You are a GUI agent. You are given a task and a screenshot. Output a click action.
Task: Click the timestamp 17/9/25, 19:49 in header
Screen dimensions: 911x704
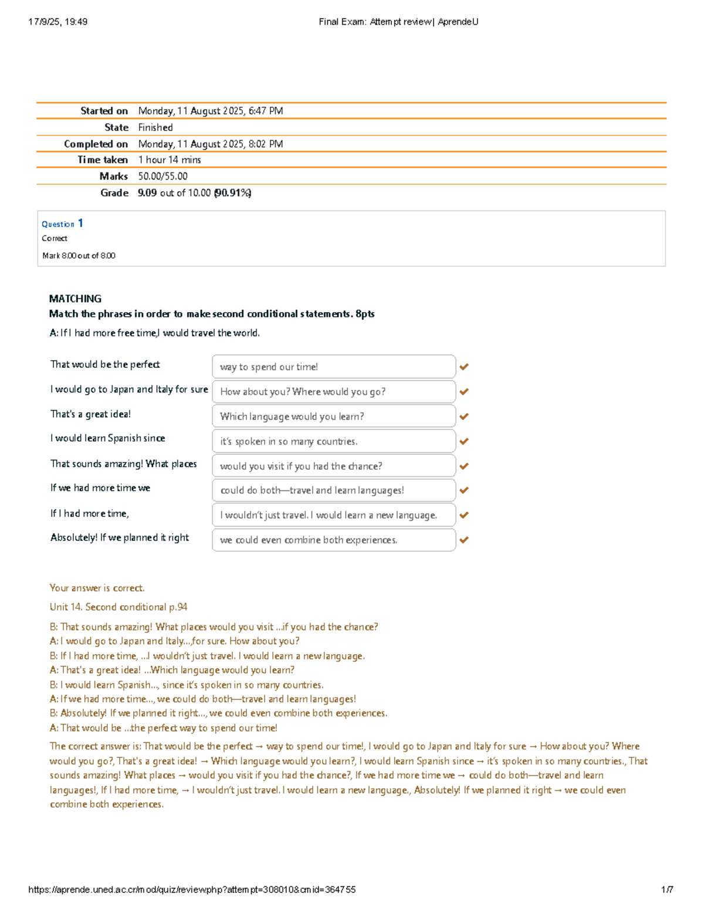tap(57, 22)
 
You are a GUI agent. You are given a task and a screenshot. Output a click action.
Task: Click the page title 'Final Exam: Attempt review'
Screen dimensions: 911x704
tap(374, 22)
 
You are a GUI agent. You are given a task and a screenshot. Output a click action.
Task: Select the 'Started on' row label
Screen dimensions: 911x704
tap(104, 111)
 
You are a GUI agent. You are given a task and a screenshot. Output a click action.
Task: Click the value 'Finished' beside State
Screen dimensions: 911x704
tap(155, 127)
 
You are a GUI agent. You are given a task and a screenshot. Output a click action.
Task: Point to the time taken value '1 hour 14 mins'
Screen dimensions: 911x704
tap(170, 160)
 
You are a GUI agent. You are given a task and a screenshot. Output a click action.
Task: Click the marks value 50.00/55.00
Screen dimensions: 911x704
tap(163, 176)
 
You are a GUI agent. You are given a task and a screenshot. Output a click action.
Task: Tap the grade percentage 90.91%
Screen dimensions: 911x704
tap(232, 192)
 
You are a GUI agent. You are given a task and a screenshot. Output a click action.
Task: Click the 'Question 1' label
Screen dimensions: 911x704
tap(62, 223)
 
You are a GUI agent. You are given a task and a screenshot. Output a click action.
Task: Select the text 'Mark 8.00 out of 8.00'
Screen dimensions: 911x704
tap(79, 255)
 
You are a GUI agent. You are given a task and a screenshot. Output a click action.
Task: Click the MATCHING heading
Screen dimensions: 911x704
tap(75, 299)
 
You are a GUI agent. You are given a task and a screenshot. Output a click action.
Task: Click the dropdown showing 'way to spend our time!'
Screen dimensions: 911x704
tap(333, 367)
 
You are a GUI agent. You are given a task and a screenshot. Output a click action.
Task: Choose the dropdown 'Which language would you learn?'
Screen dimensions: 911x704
tap(333, 416)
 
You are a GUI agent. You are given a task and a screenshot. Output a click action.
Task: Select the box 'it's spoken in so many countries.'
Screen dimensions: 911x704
tap(333, 441)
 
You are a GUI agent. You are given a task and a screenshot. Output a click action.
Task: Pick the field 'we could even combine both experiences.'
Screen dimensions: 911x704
tap(333, 540)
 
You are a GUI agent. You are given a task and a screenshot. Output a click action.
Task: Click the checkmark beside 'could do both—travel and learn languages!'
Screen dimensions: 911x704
tap(464, 490)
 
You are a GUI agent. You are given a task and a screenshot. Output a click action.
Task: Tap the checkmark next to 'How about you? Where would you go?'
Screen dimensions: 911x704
tap(464, 391)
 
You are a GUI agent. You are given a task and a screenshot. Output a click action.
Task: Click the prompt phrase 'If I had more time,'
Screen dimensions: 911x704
tap(89, 513)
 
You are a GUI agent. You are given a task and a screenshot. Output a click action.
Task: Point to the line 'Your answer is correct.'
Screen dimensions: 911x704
tap(97, 588)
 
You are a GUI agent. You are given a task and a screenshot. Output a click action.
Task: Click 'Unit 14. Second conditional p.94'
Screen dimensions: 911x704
tap(119, 607)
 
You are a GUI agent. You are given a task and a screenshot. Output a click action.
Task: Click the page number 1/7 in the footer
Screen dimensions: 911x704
tap(667, 889)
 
